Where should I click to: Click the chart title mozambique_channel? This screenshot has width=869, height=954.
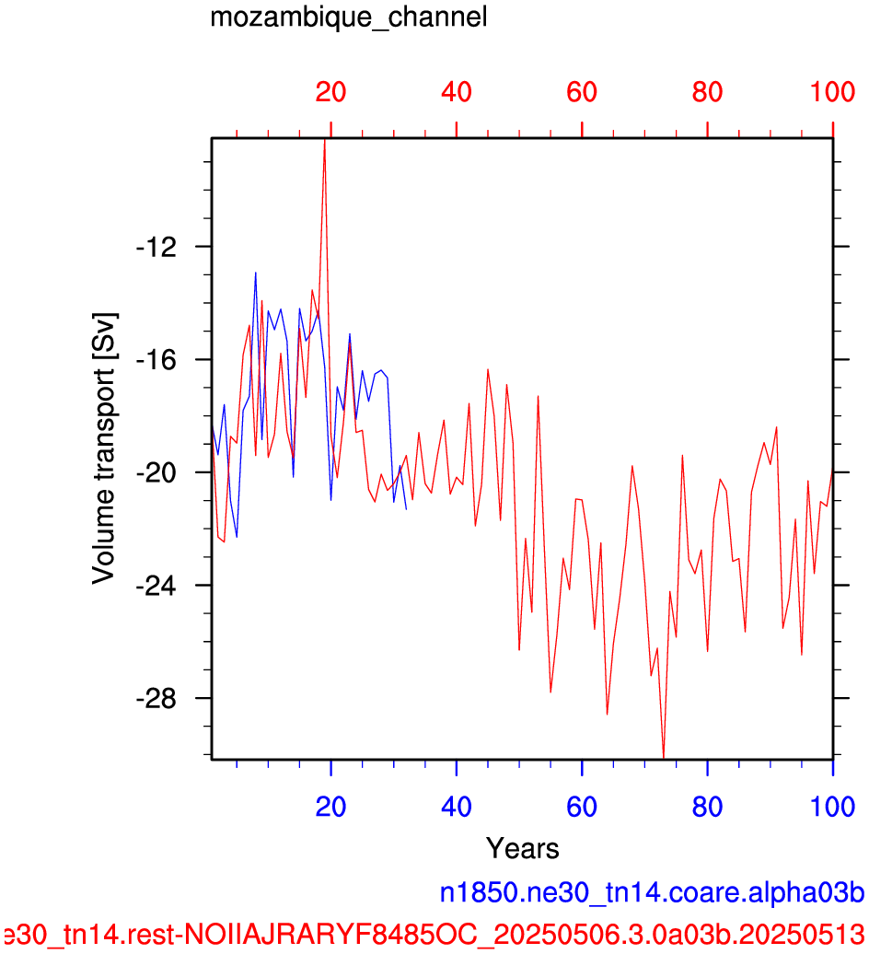tap(349, 17)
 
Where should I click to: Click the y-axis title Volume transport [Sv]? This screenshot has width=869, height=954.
tap(104, 448)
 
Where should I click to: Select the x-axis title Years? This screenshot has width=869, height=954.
tap(522, 848)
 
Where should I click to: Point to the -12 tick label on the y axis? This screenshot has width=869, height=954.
tap(156, 247)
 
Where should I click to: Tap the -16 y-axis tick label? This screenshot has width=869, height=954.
tap(156, 360)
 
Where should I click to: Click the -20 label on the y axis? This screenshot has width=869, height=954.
tap(156, 472)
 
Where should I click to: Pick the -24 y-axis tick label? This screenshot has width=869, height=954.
tap(156, 586)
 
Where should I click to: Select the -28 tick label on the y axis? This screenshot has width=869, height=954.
tap(156, 699)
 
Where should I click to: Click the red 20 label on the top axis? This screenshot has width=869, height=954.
tap(330, 92)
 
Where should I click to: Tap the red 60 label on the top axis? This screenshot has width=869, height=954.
tap(582, 92)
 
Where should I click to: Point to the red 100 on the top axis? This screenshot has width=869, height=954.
tap(832, 92)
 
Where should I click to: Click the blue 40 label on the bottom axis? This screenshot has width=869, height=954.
tap(456, 807)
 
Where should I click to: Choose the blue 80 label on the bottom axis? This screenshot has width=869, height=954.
tap(707, 807)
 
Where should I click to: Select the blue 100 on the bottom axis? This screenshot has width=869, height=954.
tap(832, 807)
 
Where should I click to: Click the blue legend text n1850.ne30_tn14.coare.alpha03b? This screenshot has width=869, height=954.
tap(652, 892)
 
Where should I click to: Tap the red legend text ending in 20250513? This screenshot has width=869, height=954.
tap(433, 934)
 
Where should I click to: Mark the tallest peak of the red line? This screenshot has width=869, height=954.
tap(325, 141)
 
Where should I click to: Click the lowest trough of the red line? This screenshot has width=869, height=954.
tap(664, 758)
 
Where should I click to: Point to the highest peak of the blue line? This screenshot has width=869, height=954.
tap(255, 273)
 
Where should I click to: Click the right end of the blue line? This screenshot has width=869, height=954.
tap(406, 509)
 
